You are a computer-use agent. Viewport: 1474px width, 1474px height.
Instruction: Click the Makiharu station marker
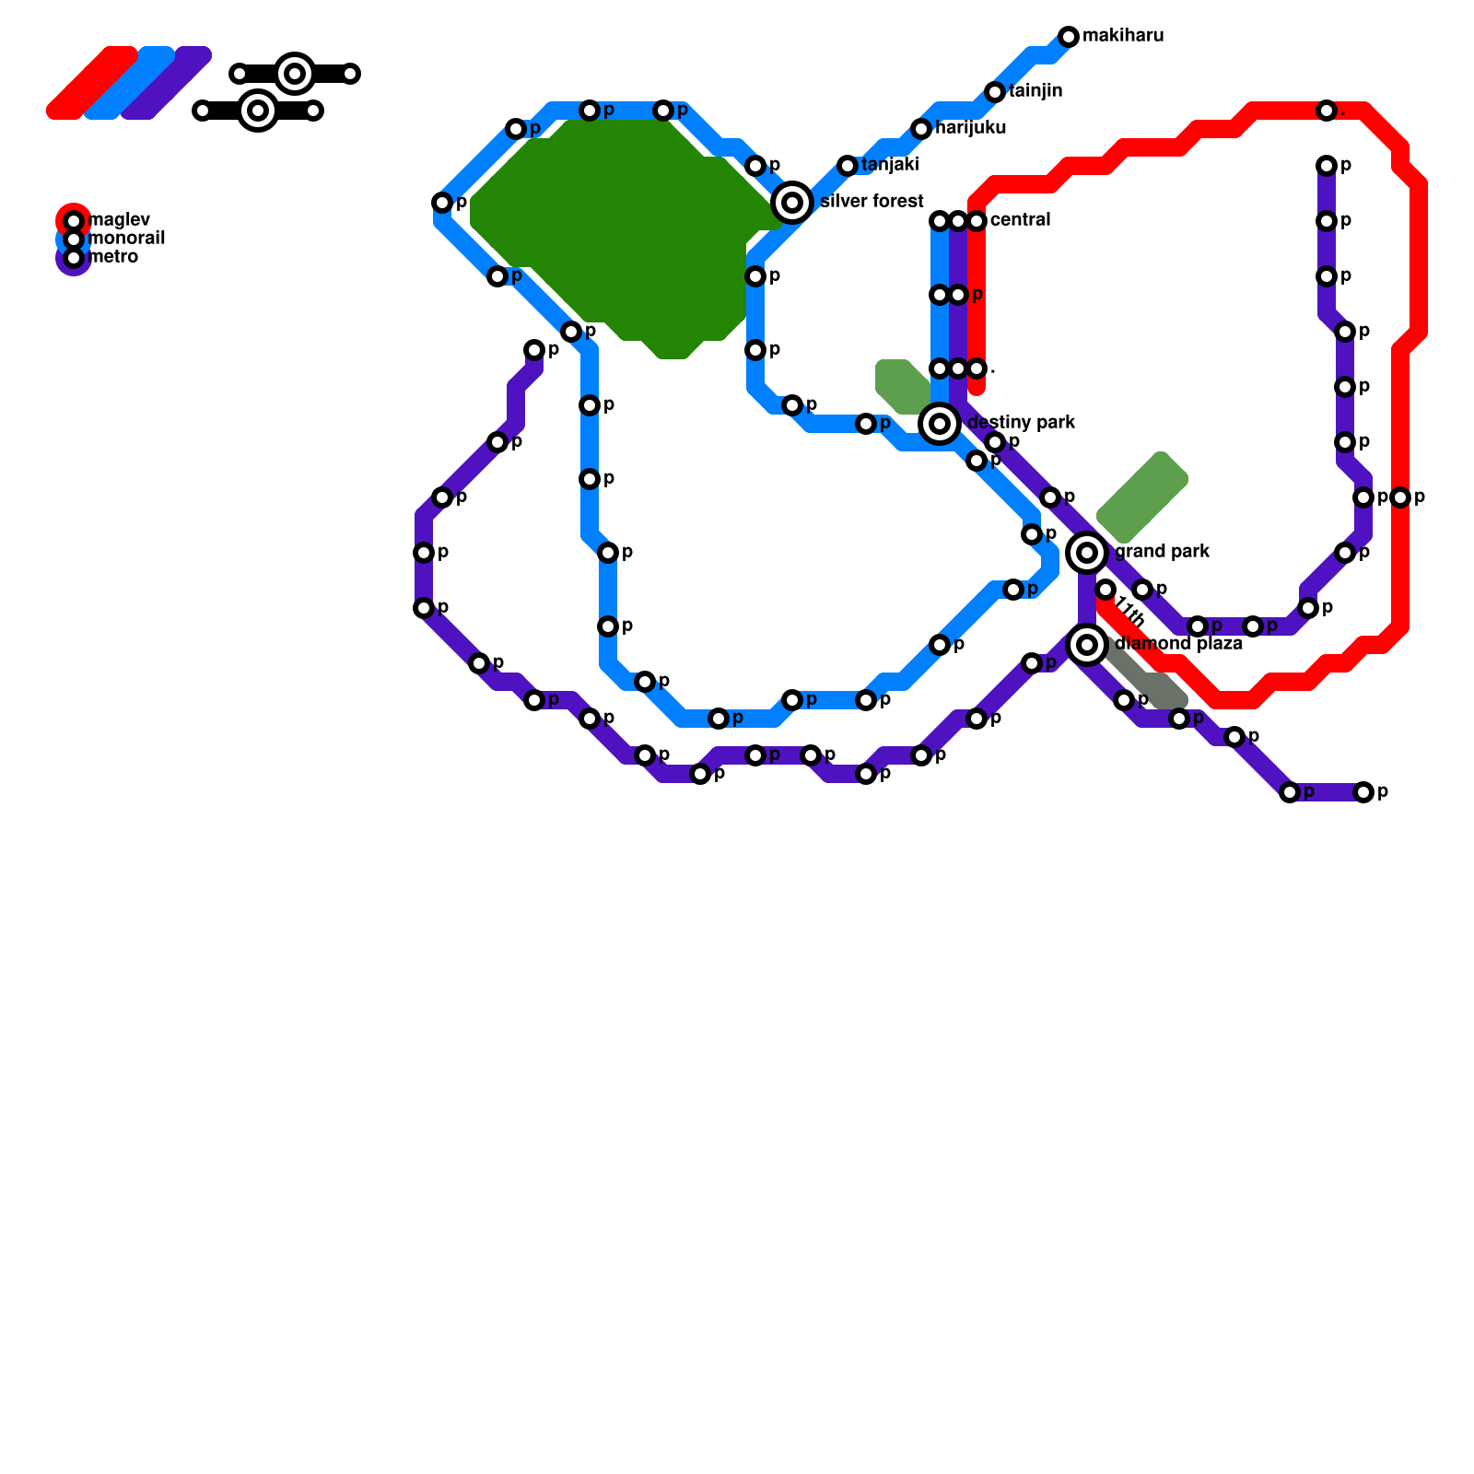1069,37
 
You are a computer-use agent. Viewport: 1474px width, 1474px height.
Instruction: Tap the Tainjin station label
1035,91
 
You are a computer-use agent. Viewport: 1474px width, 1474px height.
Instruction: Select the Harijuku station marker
921,129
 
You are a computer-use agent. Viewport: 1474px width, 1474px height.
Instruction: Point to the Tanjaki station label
890,165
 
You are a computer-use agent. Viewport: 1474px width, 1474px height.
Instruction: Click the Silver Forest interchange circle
792,203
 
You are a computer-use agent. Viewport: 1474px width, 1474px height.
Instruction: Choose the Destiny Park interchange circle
940,424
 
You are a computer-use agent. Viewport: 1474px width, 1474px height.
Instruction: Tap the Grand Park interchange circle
1087,553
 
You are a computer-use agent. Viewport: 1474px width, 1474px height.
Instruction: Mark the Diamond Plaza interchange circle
1087,645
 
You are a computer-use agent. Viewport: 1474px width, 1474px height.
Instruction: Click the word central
1020,220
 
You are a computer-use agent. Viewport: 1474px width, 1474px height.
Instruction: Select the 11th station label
1129,610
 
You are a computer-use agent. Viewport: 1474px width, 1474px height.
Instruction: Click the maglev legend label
120,220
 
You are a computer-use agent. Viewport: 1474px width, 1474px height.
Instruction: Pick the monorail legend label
127,239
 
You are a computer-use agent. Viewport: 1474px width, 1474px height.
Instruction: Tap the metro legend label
114,257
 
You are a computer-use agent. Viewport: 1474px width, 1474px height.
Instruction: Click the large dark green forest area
617,230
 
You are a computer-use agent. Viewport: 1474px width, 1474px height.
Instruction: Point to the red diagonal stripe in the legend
92,83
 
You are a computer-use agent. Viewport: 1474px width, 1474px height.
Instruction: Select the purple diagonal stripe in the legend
167,83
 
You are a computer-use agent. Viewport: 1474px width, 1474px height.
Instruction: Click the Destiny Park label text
1021,423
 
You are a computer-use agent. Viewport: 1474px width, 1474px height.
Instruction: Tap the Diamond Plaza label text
1178,644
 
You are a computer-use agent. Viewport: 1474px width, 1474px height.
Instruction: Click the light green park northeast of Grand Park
1142,497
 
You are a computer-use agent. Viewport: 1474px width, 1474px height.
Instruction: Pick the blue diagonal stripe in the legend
130,83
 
